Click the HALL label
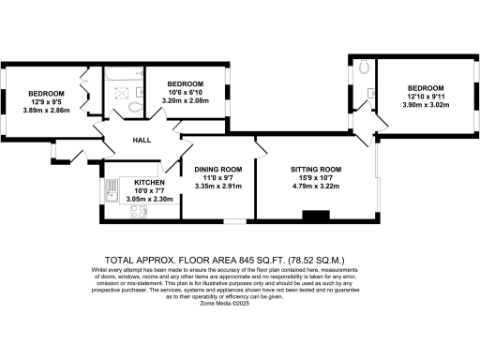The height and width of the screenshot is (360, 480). (x=142, y=140)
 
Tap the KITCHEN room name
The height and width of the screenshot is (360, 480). (x=149, y=183)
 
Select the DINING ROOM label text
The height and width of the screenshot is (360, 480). (x=217, y=170)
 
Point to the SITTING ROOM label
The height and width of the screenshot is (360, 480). (x=313, y=170)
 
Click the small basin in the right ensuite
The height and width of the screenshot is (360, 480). (x=371, y=92)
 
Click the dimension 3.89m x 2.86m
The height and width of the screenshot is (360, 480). (x=45, y=110)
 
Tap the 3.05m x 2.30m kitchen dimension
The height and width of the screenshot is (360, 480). (x=149, y=200)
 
